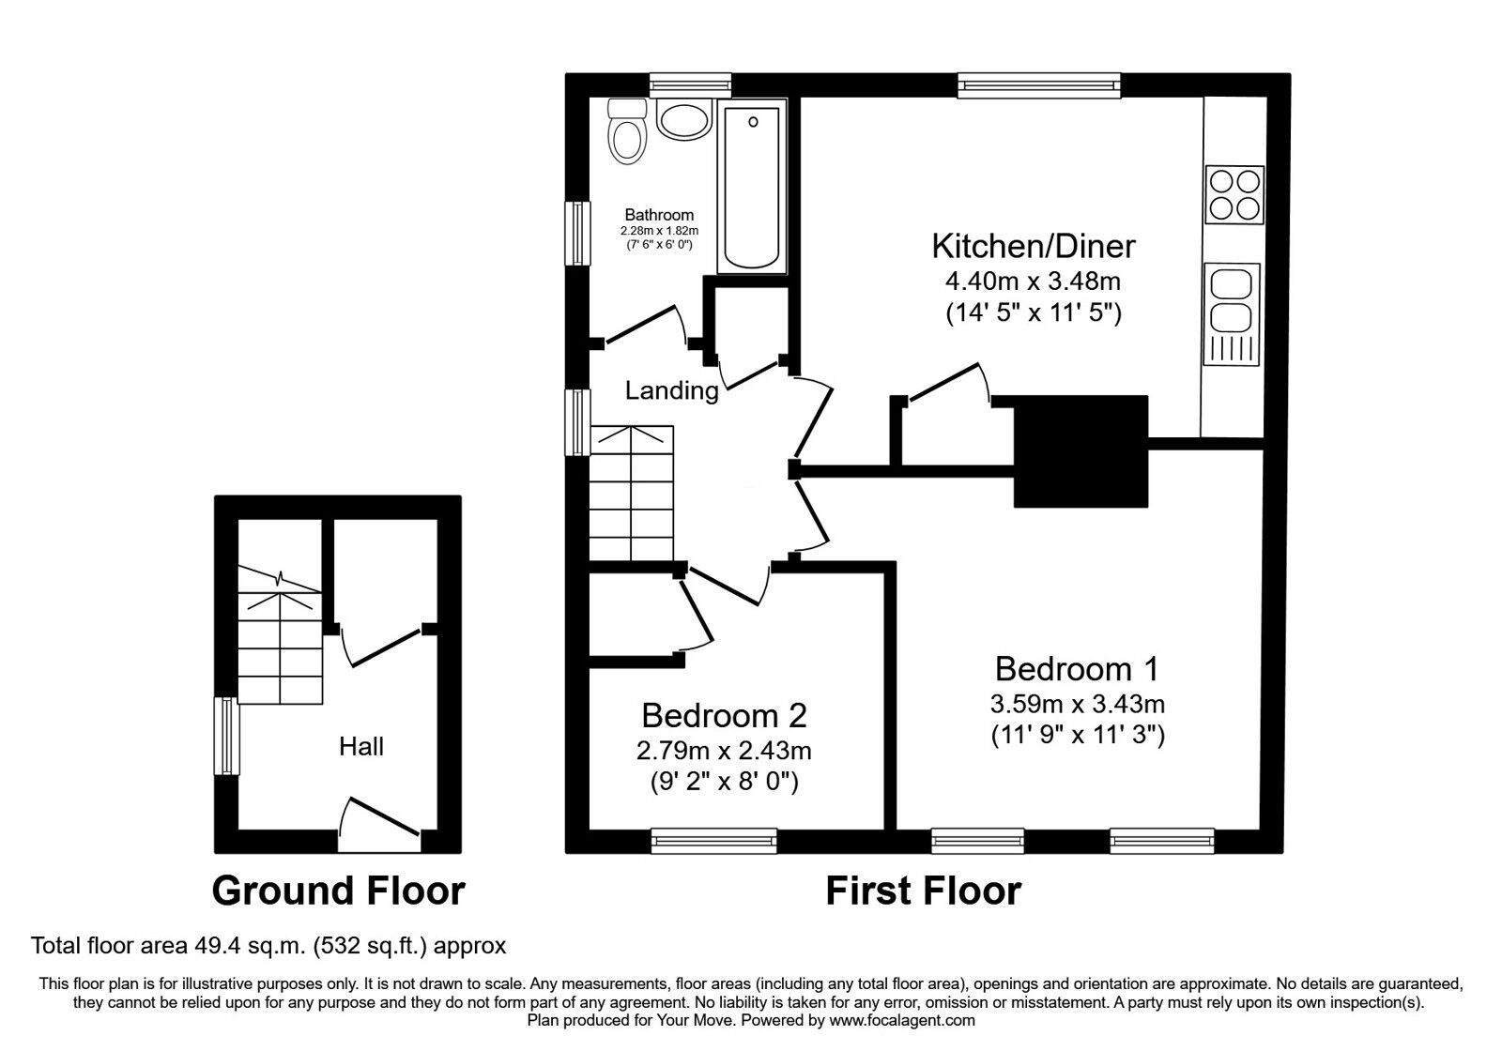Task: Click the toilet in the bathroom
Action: click(627, 133)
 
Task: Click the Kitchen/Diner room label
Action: click(1033, 246)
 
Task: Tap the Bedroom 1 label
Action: click(1077, 669)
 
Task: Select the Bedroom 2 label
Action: click(724, 716)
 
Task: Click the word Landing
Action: click(671, 390)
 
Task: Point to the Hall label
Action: click(361, 747)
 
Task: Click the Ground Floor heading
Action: click(338, 891)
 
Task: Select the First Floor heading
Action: click(923, 891)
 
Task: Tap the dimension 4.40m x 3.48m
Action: click(1033, 280)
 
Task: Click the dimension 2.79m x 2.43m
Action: click(724, 751)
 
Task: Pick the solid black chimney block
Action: click(1081, 451)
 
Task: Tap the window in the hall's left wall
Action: click(225, 736)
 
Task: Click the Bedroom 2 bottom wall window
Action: click(714, 841)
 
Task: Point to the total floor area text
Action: click(268, 945)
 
